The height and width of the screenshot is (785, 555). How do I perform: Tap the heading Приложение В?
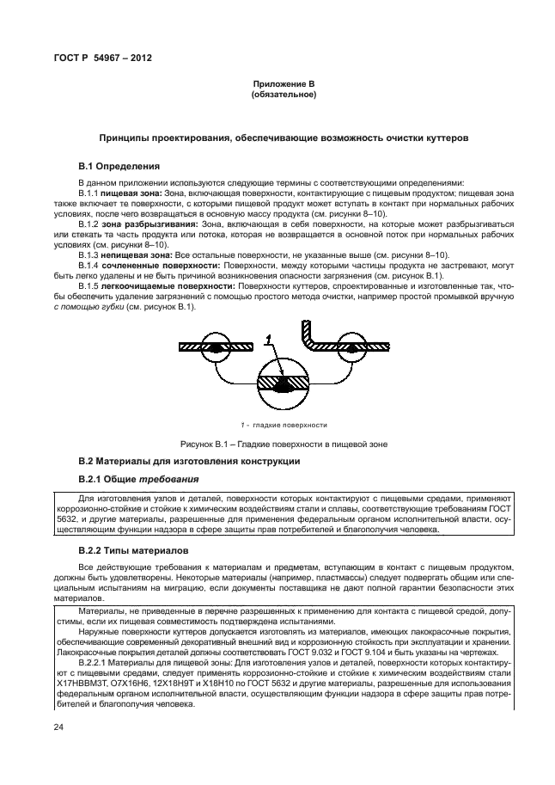click(284, 83)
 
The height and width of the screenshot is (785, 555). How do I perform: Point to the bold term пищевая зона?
click(129, 195)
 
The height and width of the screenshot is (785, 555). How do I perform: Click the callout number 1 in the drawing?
click(268, 342)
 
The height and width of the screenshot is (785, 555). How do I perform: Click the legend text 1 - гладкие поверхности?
click(284, 425)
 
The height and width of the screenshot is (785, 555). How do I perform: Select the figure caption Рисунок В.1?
click(284, 444)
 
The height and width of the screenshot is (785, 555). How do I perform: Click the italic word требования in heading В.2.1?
click(174, 479)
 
